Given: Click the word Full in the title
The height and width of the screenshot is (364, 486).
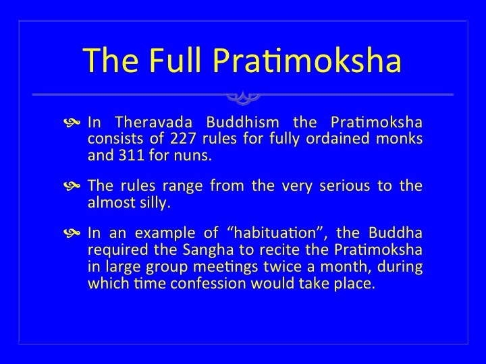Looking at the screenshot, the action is click(x=175, y=60).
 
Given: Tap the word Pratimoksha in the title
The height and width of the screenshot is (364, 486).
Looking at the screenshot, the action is click(x=307, y=60).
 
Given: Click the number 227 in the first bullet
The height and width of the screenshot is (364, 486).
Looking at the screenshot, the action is click(x=183, y=138).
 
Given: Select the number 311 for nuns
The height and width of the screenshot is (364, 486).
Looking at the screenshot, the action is click(x=132, y=155).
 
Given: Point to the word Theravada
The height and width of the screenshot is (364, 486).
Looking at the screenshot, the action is click(x=154, y=122).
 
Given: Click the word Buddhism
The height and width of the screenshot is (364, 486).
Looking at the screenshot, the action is click(x=243, y=122).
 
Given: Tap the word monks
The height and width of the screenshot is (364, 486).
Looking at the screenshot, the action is click(x=399, y=138).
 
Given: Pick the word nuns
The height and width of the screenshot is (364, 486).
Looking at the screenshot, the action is click(x=193, y=156).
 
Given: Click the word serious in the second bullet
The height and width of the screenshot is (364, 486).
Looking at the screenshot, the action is click(x=345, y=186).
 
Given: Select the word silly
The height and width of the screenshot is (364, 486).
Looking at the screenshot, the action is click(x=154, y=203).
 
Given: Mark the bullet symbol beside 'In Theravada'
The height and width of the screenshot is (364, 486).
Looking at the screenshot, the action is click(x=72, y=123).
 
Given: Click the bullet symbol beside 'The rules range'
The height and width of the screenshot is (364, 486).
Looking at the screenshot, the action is click(x=72, y=186).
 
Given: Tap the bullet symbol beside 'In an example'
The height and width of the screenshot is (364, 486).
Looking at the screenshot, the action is click(x=72, y=233).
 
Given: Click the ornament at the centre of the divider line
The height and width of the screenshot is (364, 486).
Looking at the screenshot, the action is click(x=243, y=97).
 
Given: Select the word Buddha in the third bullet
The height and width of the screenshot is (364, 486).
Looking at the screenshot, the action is click(x=396, y=233).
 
